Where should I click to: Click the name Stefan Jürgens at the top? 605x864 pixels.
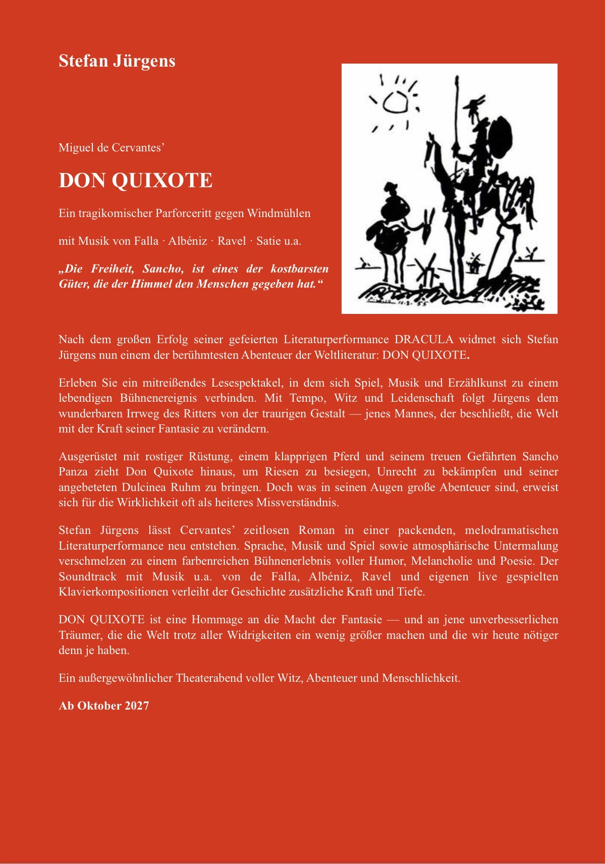[x=117, y=61]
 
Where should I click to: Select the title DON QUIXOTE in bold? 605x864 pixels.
[x=135, y=181]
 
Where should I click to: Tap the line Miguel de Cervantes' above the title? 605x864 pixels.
[x=112, y=147]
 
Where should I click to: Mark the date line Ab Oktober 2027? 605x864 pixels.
[x=104, y=706]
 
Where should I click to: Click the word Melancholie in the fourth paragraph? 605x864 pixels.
[x=442, y=561]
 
